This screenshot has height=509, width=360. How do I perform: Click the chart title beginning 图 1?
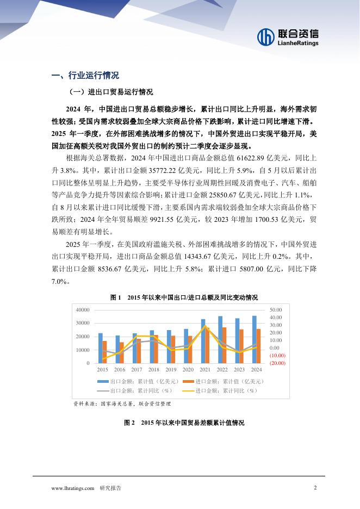click(x=183, y=297)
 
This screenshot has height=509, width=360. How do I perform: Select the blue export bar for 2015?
click(x=100, y=348)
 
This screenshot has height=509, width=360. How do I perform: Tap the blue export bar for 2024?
click(x=254, y=339)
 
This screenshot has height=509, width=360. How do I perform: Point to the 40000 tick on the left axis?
click(x=82, y=309)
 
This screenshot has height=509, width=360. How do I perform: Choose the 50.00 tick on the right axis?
click(x=276, y=309)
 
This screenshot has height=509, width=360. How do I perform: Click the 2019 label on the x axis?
click(x=172, y=370)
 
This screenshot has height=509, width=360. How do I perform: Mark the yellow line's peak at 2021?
click(x=204, y=326)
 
